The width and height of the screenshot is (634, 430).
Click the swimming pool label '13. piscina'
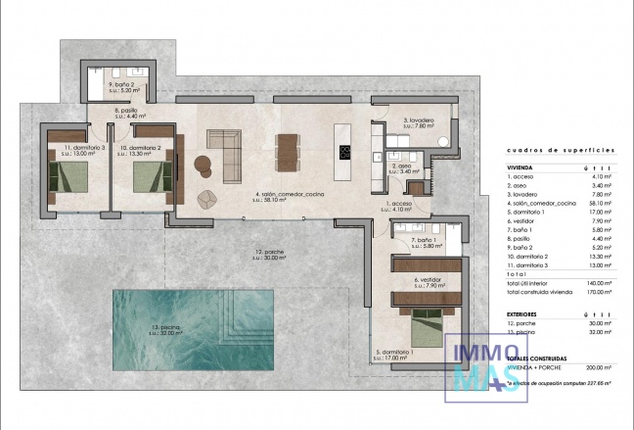tap(169, 327)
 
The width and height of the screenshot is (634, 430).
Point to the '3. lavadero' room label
tap(420, 121)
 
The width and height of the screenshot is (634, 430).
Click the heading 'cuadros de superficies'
tap(561, 150)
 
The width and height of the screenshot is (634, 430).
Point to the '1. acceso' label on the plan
tap(399, 204)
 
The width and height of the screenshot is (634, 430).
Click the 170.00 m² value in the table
tap(595, 292)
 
